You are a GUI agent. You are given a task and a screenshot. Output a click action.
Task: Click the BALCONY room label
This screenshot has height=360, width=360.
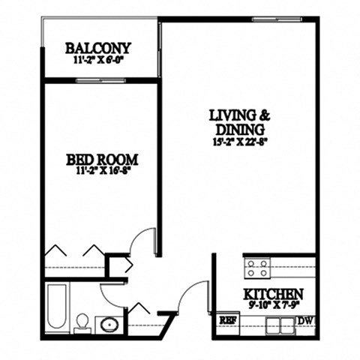pyautogui.click(x=98, y=48)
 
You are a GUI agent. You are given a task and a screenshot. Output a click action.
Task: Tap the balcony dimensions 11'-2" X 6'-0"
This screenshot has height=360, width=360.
pyautogui.click(x=98, y=61)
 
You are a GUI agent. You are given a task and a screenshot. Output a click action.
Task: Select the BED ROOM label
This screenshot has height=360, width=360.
pyautogui.click(x=102, y=159)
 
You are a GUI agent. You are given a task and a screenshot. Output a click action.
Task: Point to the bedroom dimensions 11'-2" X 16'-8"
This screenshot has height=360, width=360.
pyautogui.click(x=102, y=172)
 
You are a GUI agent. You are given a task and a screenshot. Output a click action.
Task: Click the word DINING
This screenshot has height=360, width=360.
pyautogui.click(x=240, y=128)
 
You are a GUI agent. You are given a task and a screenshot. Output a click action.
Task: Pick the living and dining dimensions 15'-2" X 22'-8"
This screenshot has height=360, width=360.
pyautogui.click(x=240, y=141)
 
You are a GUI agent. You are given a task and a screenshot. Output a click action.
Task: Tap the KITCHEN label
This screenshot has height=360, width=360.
pyautogui.click(x=272, y=293)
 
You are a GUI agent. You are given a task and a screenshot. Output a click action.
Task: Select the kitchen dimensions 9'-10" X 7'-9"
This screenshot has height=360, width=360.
pyautogui.click(x=272, y=305)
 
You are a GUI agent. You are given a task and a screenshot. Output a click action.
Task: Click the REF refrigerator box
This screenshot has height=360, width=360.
pyautogui.click(x=226, y=320)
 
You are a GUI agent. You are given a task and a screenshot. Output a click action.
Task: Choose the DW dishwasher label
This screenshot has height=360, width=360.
pyautogui.click(x=304, y=320)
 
